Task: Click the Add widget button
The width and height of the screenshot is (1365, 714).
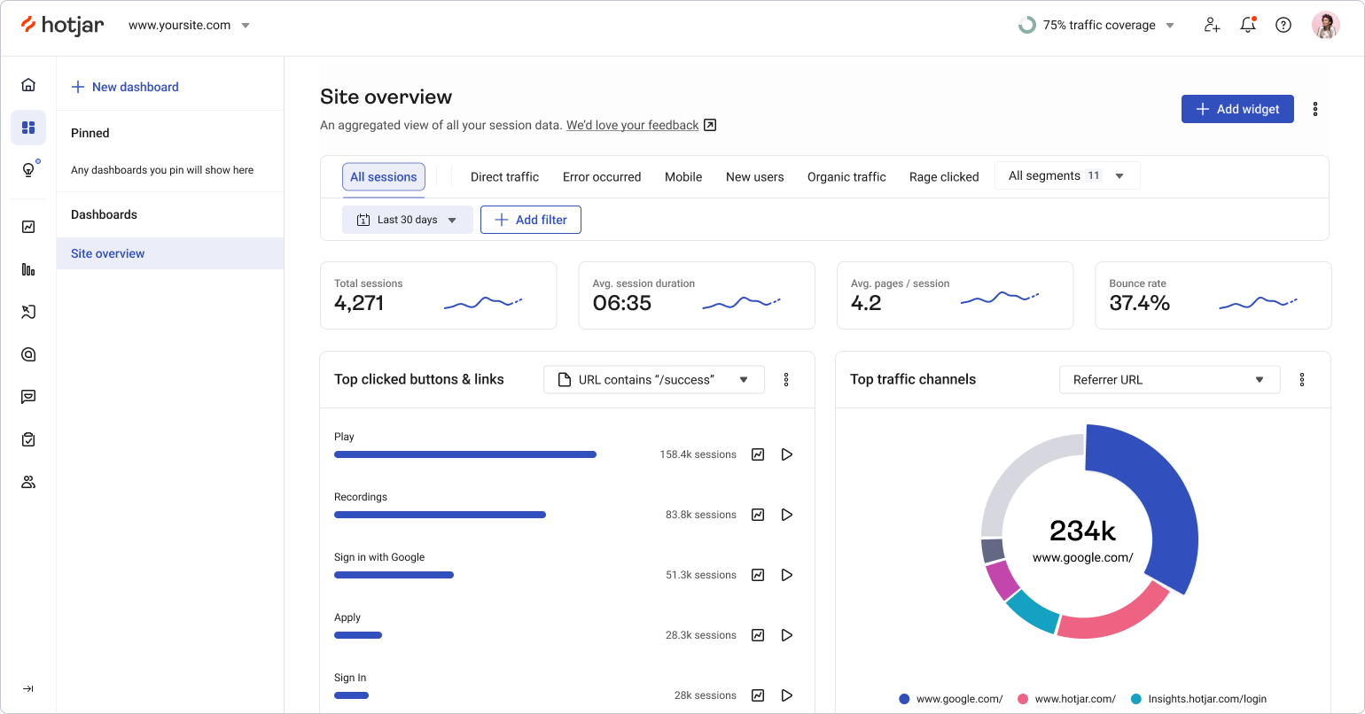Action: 1236,109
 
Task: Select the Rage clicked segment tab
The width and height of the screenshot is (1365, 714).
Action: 943,177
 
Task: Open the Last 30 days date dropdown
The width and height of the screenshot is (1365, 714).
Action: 407,220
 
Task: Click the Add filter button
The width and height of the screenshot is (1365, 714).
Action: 530,220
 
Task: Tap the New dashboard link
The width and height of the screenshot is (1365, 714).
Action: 125,87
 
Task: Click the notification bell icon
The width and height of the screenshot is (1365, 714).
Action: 1247,25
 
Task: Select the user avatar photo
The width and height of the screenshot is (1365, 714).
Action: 1325,25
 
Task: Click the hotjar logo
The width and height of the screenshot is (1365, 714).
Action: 62,25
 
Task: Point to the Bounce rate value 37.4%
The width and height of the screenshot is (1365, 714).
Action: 1139,303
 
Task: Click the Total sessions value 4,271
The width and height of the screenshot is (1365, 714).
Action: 359,303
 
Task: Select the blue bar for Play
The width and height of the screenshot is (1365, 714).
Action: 464,454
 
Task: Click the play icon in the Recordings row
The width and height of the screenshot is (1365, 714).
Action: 786,515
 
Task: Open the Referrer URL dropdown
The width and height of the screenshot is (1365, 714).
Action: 1169,379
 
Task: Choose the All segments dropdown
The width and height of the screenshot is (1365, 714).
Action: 1066,175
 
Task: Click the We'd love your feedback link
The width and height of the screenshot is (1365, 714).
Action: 632,125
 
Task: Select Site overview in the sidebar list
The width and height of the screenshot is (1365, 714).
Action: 108,253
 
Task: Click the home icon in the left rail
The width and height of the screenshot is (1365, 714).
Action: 28,85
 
